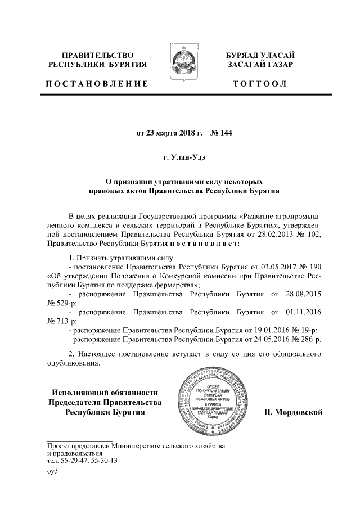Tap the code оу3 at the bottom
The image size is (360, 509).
pyautogui.click(x=52, y=471)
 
